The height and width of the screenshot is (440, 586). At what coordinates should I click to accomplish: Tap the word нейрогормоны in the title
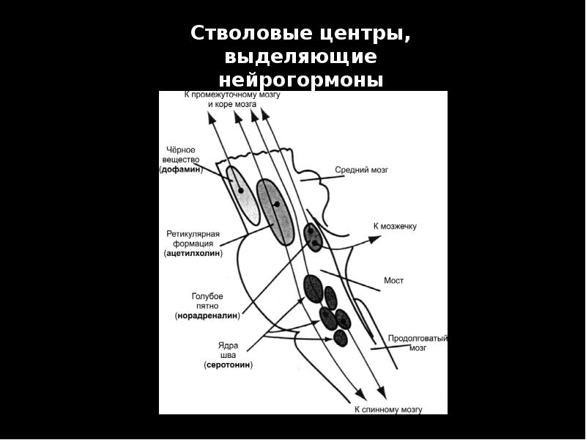coord(301,79)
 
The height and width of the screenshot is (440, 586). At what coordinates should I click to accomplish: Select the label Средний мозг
coord(361,169)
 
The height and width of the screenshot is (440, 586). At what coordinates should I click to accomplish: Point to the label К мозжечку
coord(395,226)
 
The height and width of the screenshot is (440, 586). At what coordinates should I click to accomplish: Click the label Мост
coord(394,280)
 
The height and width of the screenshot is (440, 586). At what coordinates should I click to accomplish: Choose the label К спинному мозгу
coord(388,409)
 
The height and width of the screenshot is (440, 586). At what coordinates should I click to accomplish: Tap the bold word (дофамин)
coord(181,169)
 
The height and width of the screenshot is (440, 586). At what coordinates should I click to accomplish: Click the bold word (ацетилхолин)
coord(193,253)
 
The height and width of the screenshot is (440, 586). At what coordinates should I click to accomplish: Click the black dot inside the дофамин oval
coord(240,190)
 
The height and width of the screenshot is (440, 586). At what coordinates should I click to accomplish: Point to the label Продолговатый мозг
coord(418,343)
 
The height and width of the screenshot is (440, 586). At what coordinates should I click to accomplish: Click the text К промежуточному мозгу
coord(231,95)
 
